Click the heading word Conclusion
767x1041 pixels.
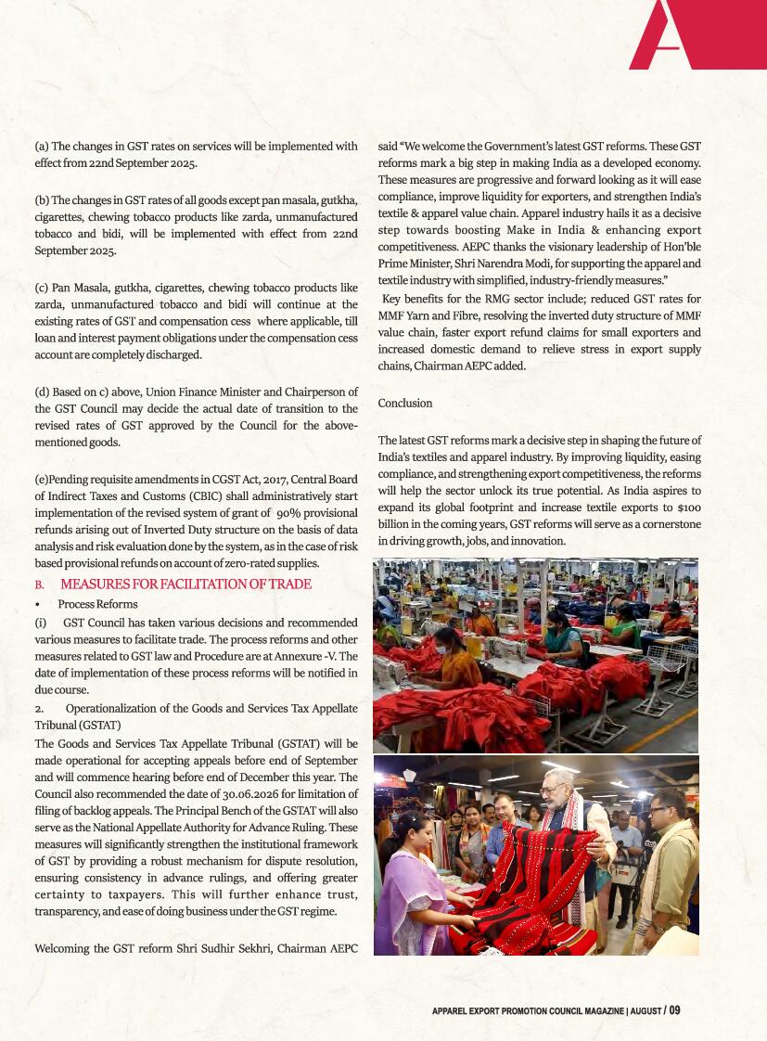click(405, 404)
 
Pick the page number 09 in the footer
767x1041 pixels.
click(674, 1010)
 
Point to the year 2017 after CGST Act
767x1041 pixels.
click(266, 480)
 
